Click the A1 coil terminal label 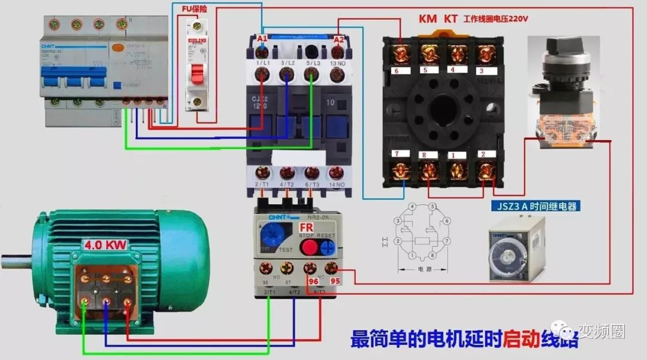(262, 39)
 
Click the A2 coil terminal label (339, 40)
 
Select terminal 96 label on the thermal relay (312, 280)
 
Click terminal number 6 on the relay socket (396, 70)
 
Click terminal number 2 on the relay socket (483, 155)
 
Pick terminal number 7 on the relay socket (396, 155)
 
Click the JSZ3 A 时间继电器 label (536, 207)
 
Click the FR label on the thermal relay (306, 228)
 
